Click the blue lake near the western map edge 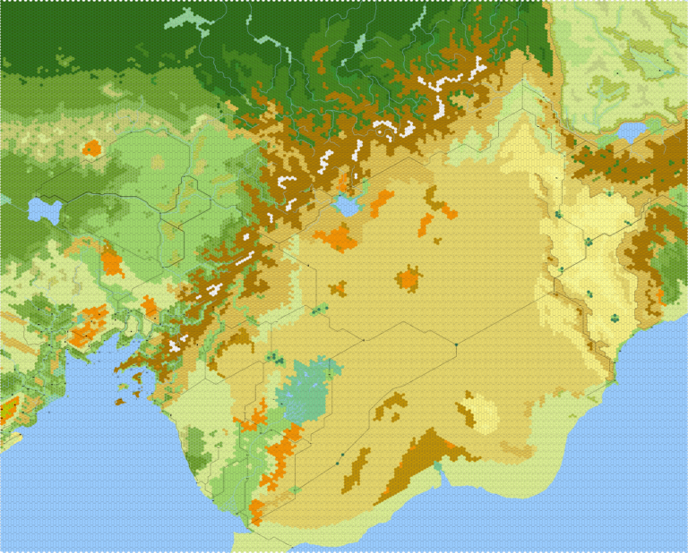[42, 209]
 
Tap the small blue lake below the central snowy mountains [345, 206]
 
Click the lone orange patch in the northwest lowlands [90, 148]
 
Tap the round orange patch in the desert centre [408, 278]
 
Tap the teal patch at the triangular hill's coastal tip [439, 468]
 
